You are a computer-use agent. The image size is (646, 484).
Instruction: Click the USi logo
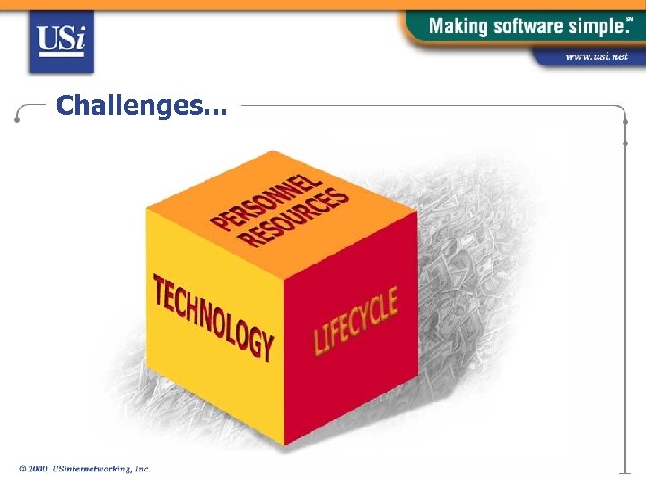[x=60, y=40]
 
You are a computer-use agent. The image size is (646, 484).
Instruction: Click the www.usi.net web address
[x=596, y=56]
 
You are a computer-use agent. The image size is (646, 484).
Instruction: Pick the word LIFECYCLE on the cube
[x=355, y=320]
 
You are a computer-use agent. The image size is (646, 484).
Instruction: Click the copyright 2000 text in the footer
[x=34, y=469]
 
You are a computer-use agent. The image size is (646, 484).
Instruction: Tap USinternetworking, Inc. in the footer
[x=101, y=469]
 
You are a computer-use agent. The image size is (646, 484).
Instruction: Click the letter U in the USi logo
[x=48, y=39]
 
